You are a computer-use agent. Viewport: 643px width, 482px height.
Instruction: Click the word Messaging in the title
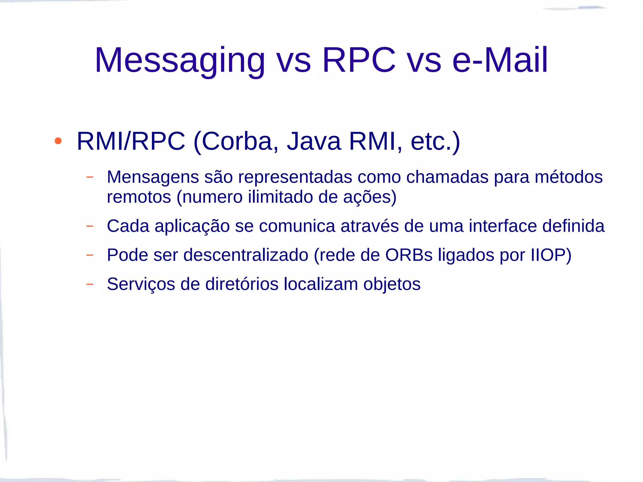[x=180, y=60]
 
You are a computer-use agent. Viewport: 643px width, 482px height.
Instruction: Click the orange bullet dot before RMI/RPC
[x=58, y=141]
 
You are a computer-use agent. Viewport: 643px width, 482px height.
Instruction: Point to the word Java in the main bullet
[x=314, y=141]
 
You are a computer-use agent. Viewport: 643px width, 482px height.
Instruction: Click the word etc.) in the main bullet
[x=435, y=141]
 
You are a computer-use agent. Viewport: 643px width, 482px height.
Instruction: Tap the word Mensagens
[x=153, y=177]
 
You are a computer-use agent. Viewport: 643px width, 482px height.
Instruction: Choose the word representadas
[x=295, y=177]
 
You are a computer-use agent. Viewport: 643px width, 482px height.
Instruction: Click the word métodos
[x=569, y=177]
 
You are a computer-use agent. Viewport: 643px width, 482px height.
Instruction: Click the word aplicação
[x=192, y=226]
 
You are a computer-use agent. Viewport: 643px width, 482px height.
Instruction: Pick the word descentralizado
[x=246, y=255]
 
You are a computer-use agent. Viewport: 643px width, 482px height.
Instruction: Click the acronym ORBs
[x=409, y=255]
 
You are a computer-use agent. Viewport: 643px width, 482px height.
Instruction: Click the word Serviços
[x=141, y=284]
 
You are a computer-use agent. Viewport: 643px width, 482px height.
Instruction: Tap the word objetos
[x=392, y=284]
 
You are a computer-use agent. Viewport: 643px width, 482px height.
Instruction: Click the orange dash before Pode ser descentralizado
[x=90, y=255]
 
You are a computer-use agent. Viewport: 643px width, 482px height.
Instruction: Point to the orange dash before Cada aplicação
[x=90, y=226]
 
